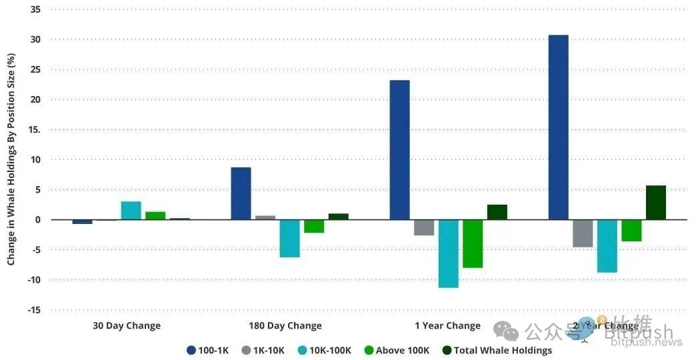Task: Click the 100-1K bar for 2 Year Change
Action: [558, 127]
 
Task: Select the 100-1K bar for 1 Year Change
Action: [399, 149]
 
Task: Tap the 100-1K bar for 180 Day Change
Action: [241, 193]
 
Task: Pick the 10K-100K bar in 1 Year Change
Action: [448, 253]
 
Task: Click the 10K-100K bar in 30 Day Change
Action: [131, 210]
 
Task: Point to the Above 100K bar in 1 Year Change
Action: [473, 243]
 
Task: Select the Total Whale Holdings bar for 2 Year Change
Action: [655, 202]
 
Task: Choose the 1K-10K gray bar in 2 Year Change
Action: [583, 233]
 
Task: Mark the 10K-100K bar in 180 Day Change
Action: [289, 238]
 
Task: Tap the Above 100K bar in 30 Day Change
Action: [155, 215]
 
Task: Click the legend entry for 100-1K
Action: [207, 350]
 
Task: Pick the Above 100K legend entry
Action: [397, 350]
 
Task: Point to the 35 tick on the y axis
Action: [35, 9]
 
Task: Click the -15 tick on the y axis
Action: [33, 310]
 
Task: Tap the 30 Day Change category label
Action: [127, 326]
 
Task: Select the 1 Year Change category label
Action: [447, 326]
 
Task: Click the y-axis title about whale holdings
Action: [11, 160]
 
